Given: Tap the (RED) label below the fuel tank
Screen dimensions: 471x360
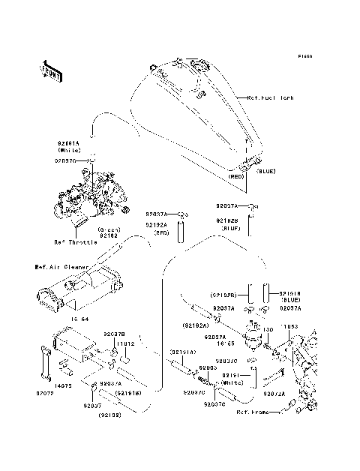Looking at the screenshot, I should pos(238,176).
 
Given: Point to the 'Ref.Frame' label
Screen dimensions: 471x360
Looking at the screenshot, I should pos(253,412).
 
